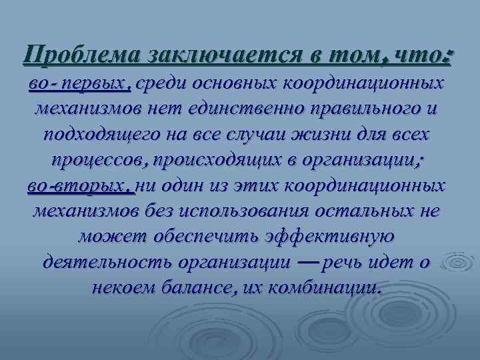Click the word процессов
(101, 161)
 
